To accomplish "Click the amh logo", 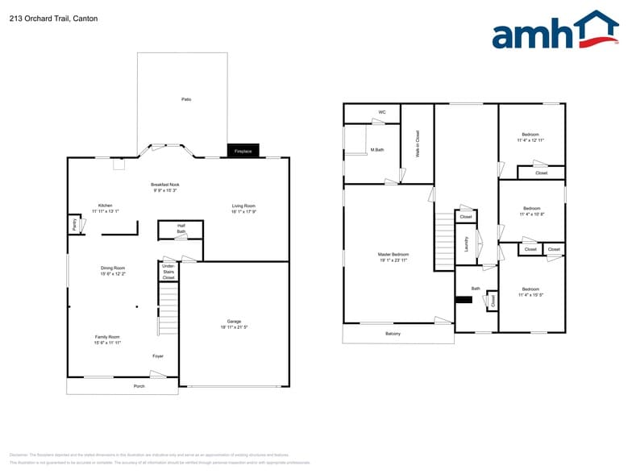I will pos(554,31).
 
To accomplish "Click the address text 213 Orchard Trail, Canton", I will pos(53,19).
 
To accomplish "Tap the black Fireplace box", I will pos(243,151).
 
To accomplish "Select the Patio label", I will pos(186,99).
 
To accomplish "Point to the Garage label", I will pos(234,322).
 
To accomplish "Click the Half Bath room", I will pos(181,229).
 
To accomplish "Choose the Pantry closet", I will pos(74,225).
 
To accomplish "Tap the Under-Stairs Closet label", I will pos(168,272).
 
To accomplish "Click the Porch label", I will pos(139,386).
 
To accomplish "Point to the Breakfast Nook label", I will pos(164,185).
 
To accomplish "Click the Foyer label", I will pos(158,355).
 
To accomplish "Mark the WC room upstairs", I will pos(382,112).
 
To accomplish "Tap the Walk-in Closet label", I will pos(418,143).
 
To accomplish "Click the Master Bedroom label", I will pos(394,255).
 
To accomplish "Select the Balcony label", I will pos(393,334).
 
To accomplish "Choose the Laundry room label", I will pos(467,243).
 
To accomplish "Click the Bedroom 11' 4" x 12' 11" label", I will pos(530,134).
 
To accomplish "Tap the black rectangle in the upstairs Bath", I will pos(464,300).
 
